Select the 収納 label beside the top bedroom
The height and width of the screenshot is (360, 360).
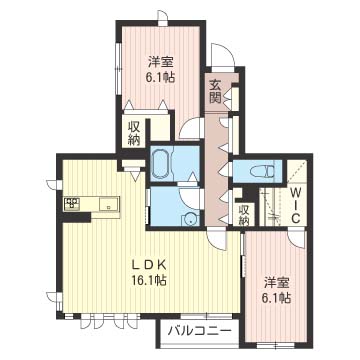[134, 133]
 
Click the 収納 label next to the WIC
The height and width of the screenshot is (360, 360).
[245, 215]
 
